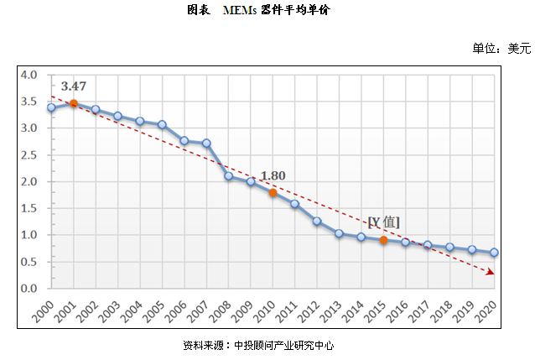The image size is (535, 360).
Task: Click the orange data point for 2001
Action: click(x=74, y=104)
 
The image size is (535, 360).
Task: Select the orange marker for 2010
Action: click(x=273, y=192)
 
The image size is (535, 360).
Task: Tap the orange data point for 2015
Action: click(x=383, y=240)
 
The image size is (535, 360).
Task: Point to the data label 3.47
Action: click(x=73, y=86)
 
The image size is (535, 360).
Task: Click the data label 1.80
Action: click(x=273, y=175)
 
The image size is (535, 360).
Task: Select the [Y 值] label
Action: click(x=384, y=222)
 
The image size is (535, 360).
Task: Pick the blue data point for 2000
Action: click(x=51, y=107)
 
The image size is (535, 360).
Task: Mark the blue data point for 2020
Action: click(x=494, y=253)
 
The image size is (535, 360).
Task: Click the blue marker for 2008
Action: click(x=228, y=176)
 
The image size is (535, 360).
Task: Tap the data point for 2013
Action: click(x=339, y=233)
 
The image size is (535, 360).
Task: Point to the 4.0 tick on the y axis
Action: click(x=29, y=75)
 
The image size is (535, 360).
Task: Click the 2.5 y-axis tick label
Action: click(x=29, y=155)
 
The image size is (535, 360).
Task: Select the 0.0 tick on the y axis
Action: click(x=29, y=289)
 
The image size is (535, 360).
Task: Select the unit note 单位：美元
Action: click(x=501, y=48)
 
